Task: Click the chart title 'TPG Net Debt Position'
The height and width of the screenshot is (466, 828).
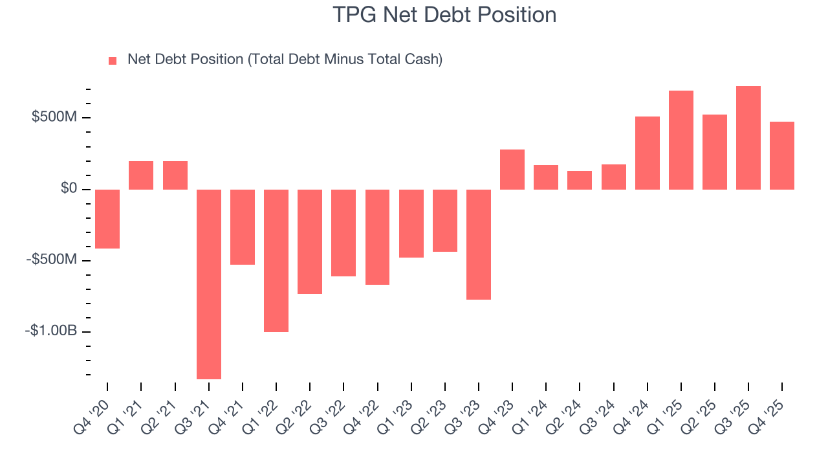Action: pos(444,14)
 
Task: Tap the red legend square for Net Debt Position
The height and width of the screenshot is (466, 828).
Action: pos(113,60)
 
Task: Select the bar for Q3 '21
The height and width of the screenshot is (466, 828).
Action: pos(209,284)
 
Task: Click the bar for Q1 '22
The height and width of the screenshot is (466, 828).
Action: pos(276,260)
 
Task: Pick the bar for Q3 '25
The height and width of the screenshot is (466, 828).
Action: pos(748,138)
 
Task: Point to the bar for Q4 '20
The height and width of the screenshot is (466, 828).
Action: pos(107,219)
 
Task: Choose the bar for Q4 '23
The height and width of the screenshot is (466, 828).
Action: pos(512,170)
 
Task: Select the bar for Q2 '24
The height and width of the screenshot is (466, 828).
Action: pos(580,180)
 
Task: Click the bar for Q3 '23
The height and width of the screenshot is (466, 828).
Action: pos(479,244)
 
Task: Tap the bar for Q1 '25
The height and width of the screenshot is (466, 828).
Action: pos(681,140)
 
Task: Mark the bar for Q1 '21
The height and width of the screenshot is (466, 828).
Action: pos(141,175)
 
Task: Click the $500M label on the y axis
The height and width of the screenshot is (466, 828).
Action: pos(54,117)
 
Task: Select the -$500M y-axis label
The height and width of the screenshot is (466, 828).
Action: pos(51,260)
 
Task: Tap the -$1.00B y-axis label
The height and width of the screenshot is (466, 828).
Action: pos(51,331)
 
